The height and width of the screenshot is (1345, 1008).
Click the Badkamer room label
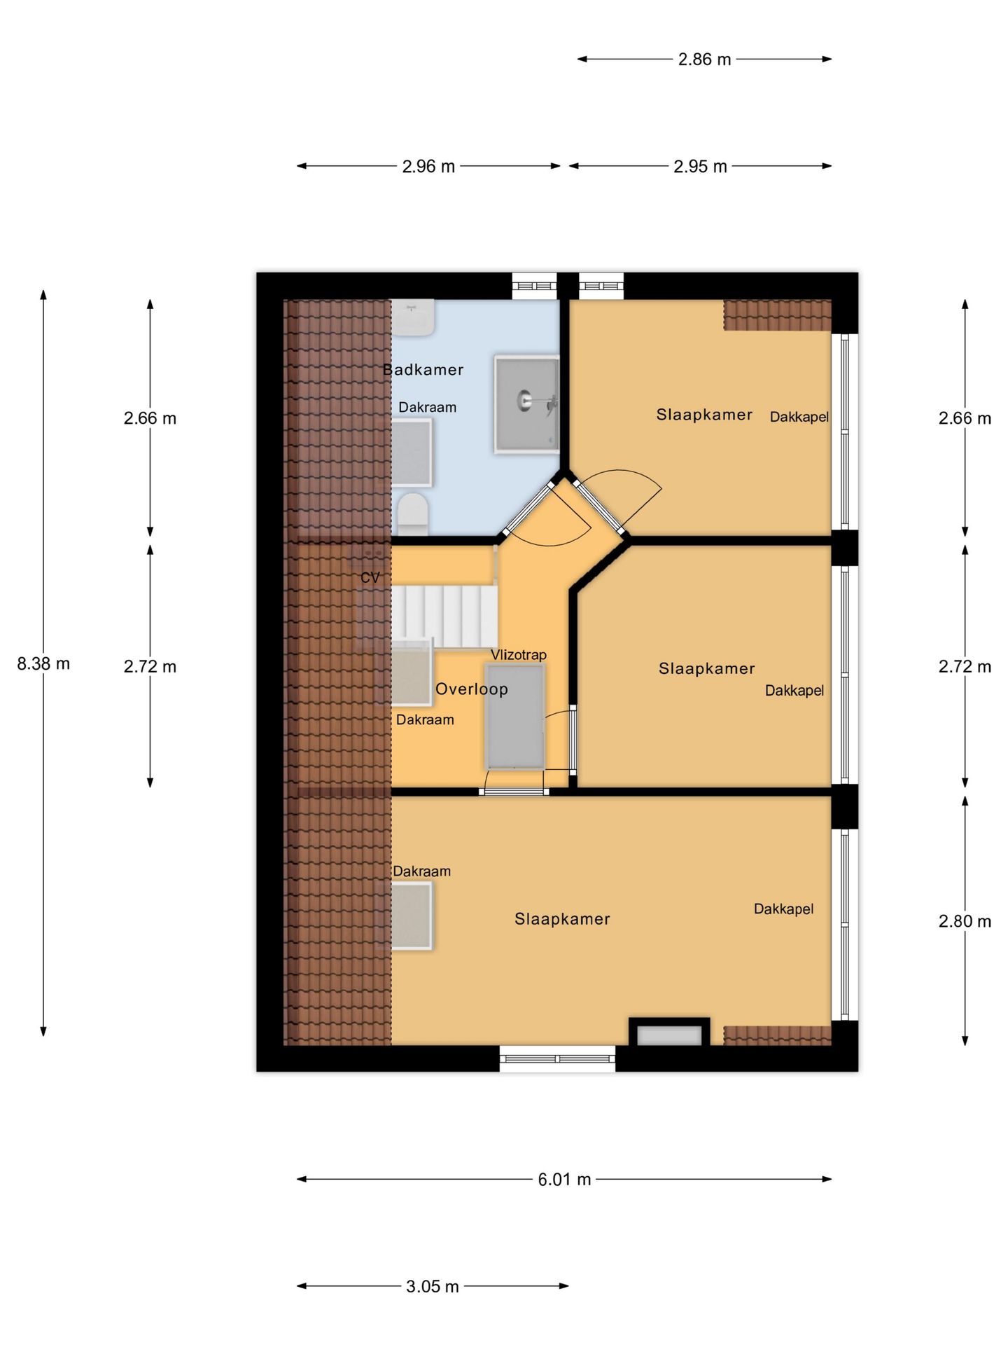(x=423, y=370)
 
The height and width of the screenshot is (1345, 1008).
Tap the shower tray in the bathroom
(x=527, y=403)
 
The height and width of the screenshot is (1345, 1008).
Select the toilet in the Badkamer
(x=412, y=514)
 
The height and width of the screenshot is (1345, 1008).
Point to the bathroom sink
(x=412, y=317)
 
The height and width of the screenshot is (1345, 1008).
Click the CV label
(x=370, y=578)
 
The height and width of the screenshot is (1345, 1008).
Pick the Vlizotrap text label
(x=518, y=655)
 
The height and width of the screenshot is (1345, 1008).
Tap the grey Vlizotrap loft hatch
(x=515, y=717)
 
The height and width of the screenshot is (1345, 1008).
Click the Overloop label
(x=472, y=689)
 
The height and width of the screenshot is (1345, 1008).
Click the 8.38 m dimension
(x=43, y=664)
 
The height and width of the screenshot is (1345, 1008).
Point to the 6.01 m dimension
(x=564, y=1180)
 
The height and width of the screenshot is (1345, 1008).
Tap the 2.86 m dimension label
(x=704, y=60)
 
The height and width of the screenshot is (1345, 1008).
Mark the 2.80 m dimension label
(x=965, y=922)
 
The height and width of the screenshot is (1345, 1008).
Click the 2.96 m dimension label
(x=428, y=167)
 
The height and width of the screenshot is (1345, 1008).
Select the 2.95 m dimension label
(x=700, y=167)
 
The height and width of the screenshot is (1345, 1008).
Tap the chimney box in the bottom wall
(x=669, y=1033)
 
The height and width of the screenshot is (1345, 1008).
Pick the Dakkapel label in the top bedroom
(x=799, y=418)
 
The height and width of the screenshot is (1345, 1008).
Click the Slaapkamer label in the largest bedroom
(x=562, y=919)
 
